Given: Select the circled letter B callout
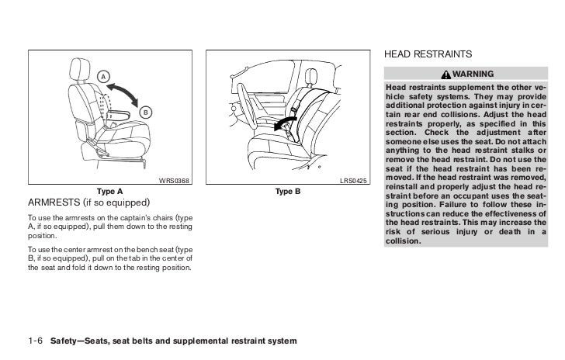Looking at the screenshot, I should [144, 113].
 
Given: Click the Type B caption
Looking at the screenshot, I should [287, 191].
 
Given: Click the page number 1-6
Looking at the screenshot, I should [35, 342].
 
